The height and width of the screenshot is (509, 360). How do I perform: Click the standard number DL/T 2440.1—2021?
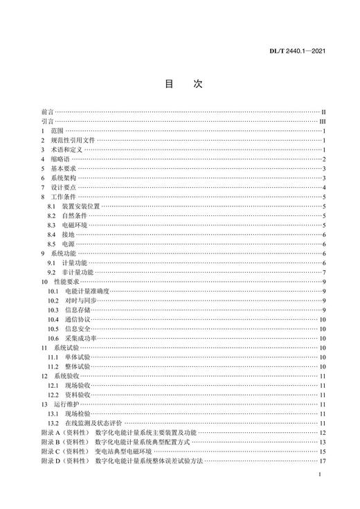coord(315,51)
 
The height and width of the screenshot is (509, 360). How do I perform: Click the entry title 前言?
coord(47,111)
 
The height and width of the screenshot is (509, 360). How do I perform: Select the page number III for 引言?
coord(321,120)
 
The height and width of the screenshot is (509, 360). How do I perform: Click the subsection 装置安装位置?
coord(81,206)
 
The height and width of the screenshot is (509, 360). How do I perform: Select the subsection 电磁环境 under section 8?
coord(76,226)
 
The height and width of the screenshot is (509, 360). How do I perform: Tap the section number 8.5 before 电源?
coord(51,244)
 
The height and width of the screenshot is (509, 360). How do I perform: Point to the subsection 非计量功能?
coord(78,273)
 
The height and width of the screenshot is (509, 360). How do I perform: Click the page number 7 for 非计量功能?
coord(323,273)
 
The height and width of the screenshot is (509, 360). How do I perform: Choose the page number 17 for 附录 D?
coord(322,461)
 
